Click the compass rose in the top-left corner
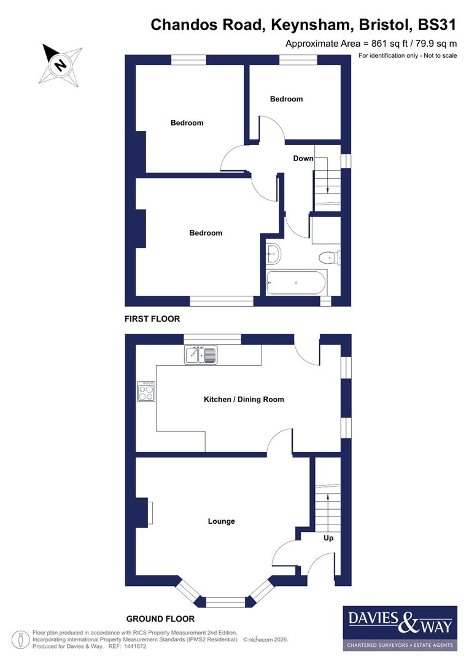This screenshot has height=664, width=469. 61,63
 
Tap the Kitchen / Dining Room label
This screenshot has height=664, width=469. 244,400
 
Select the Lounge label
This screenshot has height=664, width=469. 221,521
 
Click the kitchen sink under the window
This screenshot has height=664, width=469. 200,355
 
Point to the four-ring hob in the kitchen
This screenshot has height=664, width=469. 147,392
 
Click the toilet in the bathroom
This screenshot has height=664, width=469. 329,257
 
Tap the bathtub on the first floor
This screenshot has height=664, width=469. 297,283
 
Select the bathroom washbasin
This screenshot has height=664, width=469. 273,252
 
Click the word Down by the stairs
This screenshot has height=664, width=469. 303,159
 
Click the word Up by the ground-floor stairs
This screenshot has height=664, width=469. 328,538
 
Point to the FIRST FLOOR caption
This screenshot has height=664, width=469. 152,319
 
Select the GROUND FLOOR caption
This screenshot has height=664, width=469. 160,619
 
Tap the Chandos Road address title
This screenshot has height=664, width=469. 304,25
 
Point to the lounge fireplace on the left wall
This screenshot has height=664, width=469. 145,513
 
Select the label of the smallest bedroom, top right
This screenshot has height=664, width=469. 286,99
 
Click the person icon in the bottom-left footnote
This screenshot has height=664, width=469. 21,639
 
